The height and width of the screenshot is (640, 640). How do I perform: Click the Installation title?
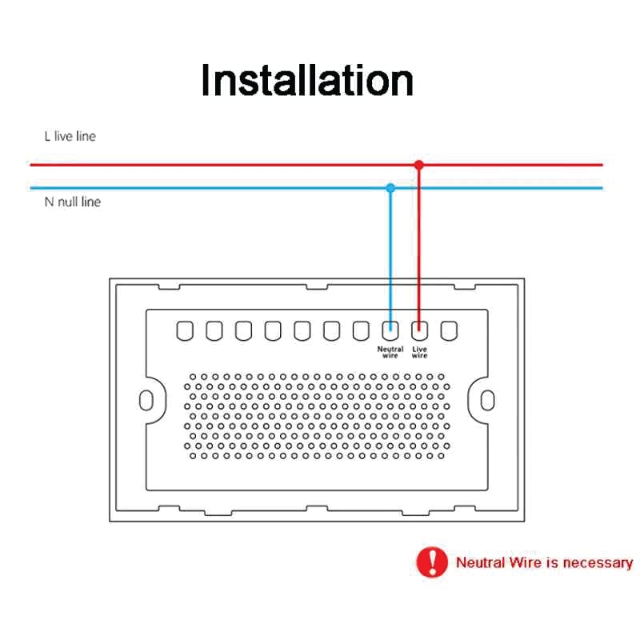(307, 81)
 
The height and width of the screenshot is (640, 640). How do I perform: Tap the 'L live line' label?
(70, 136)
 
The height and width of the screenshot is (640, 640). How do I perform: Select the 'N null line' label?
(72, 202)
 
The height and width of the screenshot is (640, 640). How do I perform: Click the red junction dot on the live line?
(418, 165)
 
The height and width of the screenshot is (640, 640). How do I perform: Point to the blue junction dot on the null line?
(390, 188)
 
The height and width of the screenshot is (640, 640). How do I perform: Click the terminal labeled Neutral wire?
(390, 330)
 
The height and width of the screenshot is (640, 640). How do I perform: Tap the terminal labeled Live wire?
(419, 330)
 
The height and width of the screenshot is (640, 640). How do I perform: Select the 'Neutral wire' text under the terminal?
(390, 352)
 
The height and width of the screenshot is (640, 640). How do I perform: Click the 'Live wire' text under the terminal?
(419, 352)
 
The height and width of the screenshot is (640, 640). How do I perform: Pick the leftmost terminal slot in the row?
(185, 330)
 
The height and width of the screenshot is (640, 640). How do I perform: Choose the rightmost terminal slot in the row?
(449, 330)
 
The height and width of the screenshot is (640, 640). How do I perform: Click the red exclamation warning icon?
(432, 562)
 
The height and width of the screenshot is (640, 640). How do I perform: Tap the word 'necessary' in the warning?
(598, 563)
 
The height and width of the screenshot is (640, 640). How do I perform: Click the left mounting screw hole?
(146, 401)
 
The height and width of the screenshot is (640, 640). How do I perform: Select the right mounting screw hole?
(488, 401)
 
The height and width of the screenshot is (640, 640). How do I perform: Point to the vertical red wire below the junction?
(418, 248)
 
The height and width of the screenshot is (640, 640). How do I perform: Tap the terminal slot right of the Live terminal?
(449, 330)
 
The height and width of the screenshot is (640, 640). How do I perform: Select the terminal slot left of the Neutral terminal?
(361, 330)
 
